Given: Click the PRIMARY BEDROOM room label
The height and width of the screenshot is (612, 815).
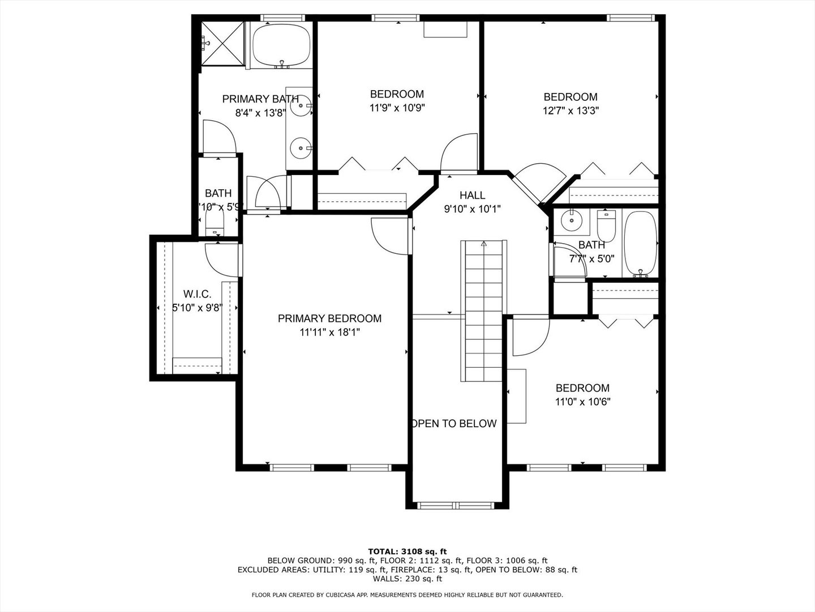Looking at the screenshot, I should pyautogui.click(x=329, y=318).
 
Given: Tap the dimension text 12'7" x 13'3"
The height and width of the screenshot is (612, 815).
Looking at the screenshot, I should pyautogui.click(x=570, y=110).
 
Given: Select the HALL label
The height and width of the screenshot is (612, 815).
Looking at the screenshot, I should pyautogui.click(x=472, y=195).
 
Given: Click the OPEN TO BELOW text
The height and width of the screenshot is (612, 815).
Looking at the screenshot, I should pyautogui.click(x=454, y=423).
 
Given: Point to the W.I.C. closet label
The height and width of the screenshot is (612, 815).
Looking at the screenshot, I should pyautogui.click(x=197, y=294).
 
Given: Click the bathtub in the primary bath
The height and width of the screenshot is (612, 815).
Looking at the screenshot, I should pyautogui.click(x=281, y=45).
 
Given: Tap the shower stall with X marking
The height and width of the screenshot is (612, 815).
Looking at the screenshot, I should pyautogui.click(x=223, y=44).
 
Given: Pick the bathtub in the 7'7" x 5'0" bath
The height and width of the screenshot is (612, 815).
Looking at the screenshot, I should pyautogui.click(x=640, y=244).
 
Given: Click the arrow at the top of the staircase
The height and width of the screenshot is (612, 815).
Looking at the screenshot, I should pyautogui.click(x=483, y=244).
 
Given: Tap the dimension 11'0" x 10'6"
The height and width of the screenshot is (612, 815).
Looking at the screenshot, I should pyautogui.click(x=582, y=402).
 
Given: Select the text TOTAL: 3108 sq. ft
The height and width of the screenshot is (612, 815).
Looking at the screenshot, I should pyautogui.click(x=407, y=551).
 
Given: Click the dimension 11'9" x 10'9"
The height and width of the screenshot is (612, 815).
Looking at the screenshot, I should pyautogui.click(x=397, y=108).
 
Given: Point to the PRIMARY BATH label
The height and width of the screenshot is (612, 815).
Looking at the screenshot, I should pyautogui.click(x=260, y=99).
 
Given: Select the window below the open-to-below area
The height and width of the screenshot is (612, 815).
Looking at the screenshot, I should pyautogui.click(x=458, y=505).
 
